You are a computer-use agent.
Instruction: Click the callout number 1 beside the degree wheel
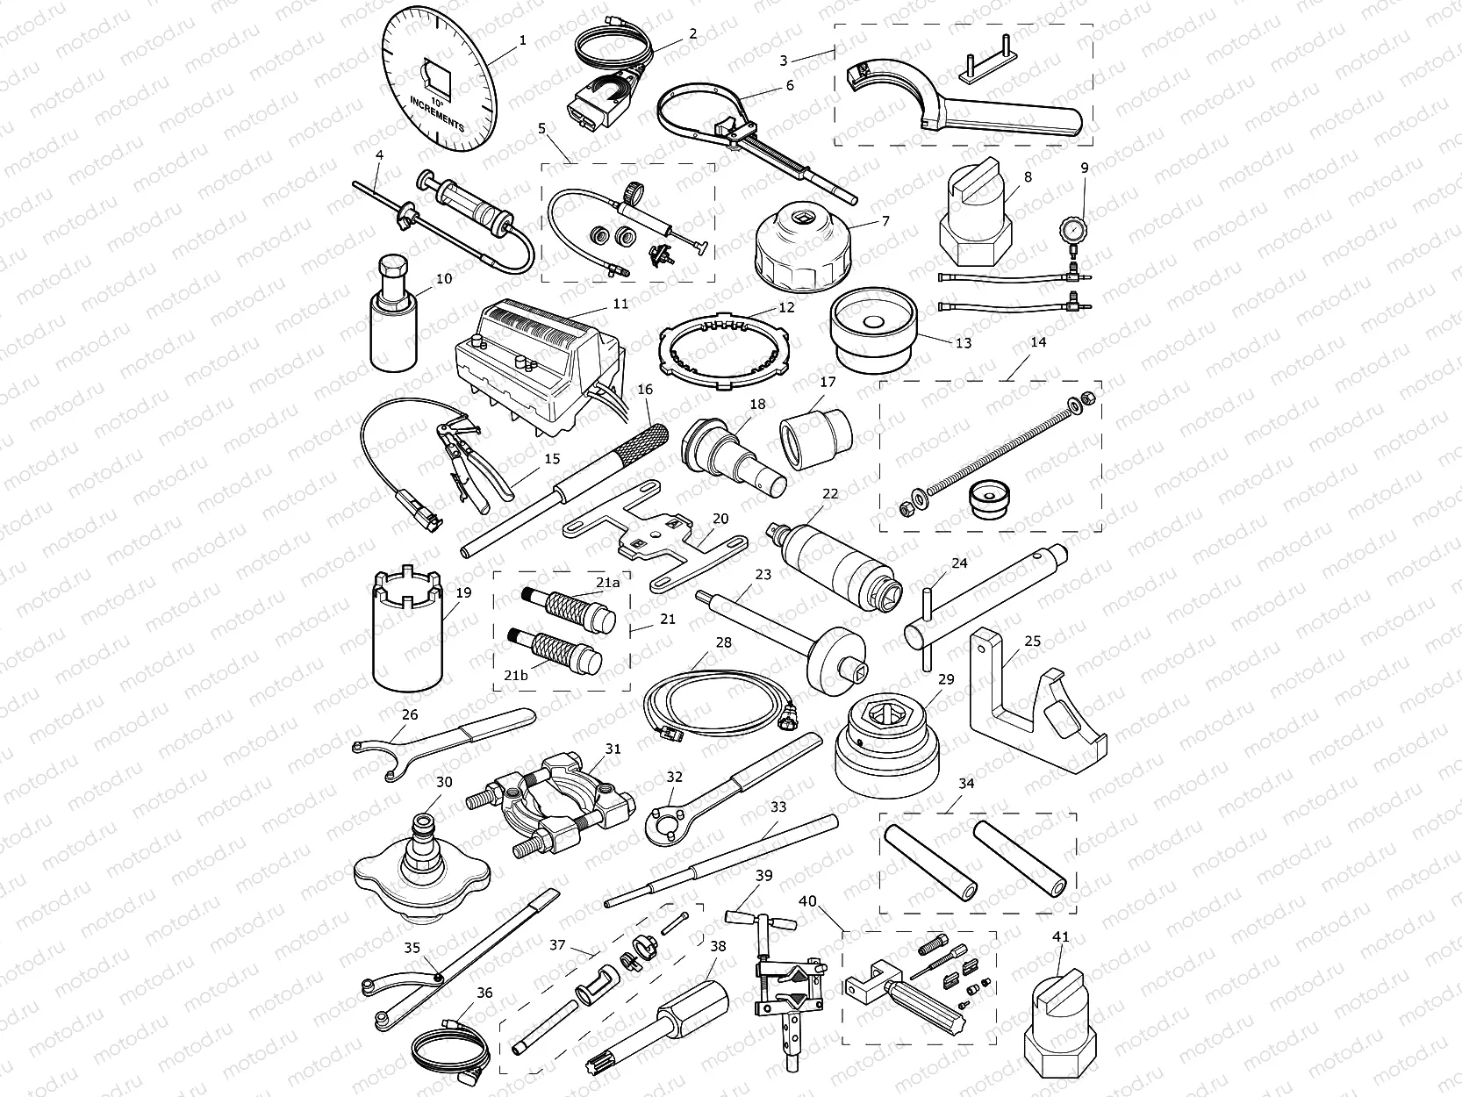coord(523,40)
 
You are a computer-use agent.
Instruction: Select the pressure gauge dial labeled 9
coord(1074,207)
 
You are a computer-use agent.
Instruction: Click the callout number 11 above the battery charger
coord(620,304)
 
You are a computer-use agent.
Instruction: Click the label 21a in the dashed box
coord(607,582)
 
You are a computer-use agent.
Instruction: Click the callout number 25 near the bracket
coord(1033,642)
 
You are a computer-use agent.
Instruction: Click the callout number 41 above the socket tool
coord(1061,936)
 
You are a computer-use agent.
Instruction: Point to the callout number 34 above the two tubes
coord(966,782)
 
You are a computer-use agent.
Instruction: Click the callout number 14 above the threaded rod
coord(1038,342)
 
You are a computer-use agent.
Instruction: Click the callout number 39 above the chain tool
coord(764,875)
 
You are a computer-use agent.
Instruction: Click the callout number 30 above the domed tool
coord(444,782)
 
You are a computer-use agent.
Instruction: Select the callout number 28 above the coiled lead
coord(723,642)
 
